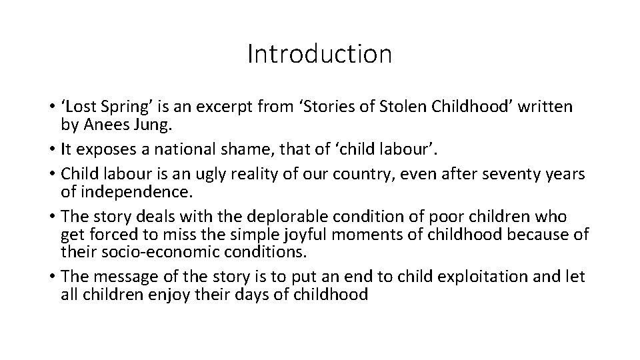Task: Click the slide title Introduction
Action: [x=319, y=54]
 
